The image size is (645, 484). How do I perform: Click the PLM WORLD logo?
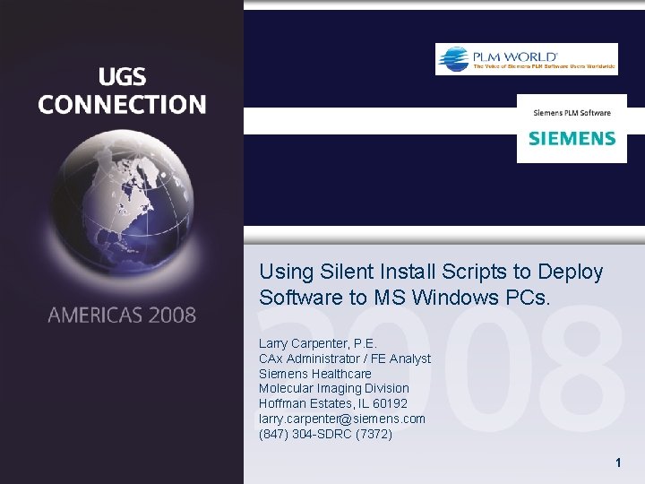click(526, 59)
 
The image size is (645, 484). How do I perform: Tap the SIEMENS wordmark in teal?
click(572, 139)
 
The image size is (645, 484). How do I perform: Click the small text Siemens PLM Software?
click(572, 113)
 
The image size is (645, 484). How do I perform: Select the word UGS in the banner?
click(122, 77)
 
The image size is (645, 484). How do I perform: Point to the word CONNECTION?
click(122, 105)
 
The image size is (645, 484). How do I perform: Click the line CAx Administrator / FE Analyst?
click(344, 359)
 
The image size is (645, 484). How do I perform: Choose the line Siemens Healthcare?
click(314, 374)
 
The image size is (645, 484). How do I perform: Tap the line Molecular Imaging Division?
click(333, 388)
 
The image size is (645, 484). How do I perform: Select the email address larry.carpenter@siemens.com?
click(341, 419)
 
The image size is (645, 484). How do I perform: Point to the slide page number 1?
click(617, 463)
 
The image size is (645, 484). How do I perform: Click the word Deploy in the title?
click(571, 272)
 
